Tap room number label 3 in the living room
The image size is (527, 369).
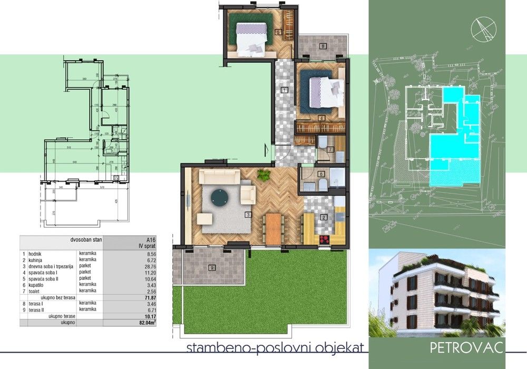(x=247, y=215)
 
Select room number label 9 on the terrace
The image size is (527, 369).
(x=212, y=268)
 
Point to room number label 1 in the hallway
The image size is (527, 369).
(x=285, y=90)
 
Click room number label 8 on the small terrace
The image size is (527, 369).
(x=323, y=46)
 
